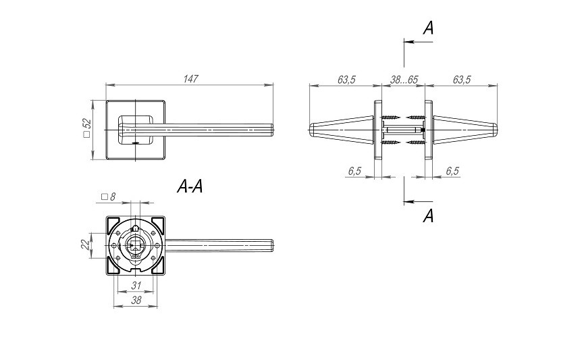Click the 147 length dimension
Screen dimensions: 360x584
coord(190,79)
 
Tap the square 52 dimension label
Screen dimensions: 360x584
coord(87,129)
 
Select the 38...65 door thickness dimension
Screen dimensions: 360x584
coord(404,80)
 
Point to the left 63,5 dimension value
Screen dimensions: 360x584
coord(346,80)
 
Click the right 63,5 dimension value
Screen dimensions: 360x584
coord(462,80)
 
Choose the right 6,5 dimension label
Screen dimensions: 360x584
coord(452,172)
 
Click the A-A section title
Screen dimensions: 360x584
coord(190,187)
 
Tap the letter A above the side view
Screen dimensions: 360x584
coord(428,28)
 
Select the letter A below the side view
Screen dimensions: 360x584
coord(428,216)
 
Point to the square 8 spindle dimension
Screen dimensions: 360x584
coord(108,197)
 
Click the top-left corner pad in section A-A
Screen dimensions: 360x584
coord(114,223)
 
